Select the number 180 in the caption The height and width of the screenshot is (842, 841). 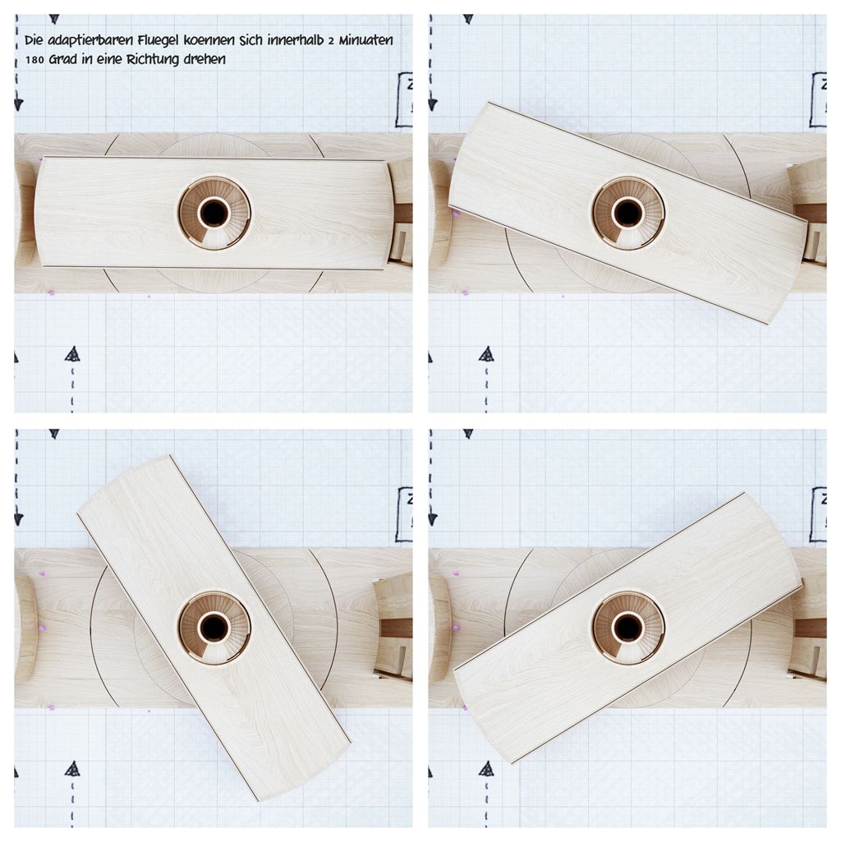coord(34,60)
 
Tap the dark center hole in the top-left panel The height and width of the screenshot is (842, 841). coord(214,214)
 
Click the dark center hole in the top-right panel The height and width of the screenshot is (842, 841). coord(627,214)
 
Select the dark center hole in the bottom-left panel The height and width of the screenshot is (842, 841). coord(214,628)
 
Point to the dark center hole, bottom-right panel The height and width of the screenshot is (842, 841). coord(627,628)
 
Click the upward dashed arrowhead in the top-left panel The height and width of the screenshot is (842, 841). coord(72,354)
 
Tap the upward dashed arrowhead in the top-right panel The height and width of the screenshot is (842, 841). coord(486,354)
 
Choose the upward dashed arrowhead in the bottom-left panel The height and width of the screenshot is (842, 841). coord(72,768)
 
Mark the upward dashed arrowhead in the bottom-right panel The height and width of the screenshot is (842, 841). coord(486,768)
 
